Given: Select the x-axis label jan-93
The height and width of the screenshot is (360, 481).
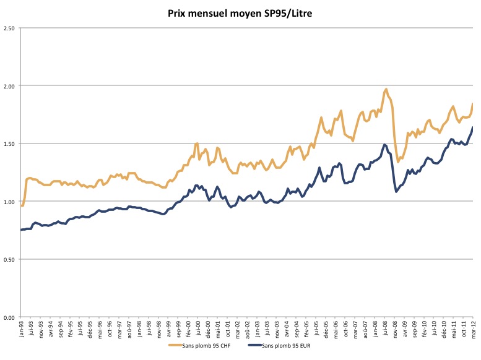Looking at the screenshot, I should point(22,329).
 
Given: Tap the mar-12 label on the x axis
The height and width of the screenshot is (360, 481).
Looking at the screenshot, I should point(474,329).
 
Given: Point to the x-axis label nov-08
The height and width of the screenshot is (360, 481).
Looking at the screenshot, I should point(395,329).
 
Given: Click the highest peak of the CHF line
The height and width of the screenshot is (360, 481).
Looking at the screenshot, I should point(386,89).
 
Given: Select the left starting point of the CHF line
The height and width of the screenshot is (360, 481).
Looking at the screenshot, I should point(21,206).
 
